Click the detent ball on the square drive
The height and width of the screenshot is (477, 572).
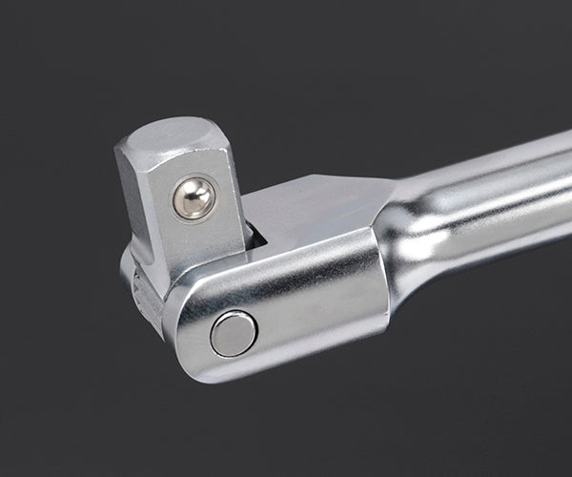coord(194,197)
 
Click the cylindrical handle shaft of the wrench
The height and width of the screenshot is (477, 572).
coord(477,210)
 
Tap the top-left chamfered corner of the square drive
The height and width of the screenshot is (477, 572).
coord(124,143)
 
